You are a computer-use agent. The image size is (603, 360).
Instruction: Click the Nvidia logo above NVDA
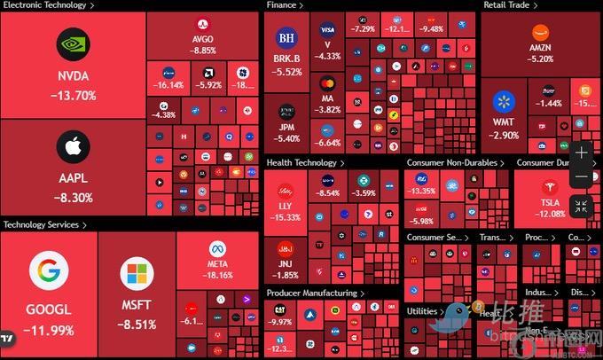tap(74, 44)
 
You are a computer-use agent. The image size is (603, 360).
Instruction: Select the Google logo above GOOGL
tap(49, 271)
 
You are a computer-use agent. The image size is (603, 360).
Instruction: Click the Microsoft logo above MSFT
tap(137, 275)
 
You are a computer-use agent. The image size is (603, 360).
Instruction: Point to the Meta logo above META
tap(218, 248)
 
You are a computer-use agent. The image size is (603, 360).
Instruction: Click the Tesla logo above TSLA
tap(551, 186)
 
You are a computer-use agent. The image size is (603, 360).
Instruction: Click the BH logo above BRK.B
tap(286, 38)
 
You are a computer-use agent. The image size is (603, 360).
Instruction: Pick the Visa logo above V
tap(328, 29)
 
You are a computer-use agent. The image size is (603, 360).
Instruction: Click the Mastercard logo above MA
tap(328, 84)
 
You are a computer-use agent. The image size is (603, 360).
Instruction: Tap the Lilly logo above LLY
tap(286, 190)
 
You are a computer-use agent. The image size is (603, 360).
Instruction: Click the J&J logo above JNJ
tap(286, 248)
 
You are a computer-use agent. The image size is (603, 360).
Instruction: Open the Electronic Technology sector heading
tap(46, 5)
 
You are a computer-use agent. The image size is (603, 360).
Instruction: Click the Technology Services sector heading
tap(44, 225)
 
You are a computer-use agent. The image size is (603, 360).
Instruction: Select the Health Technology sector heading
tap(304, 163)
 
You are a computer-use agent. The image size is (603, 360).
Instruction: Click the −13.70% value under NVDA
tap(74, 95)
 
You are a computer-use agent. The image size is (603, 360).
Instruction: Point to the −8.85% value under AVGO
tap(203, 51)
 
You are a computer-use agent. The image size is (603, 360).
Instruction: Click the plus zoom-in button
tap(582, 153)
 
